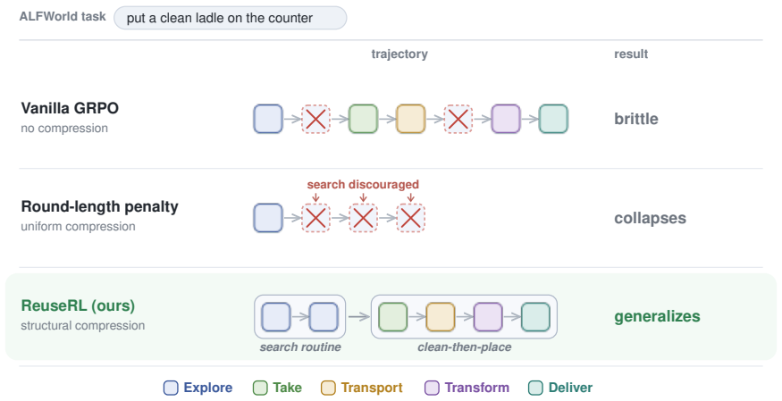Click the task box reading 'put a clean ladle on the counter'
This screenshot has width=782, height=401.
pos(230,18)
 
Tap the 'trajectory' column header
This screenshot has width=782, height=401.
pos(399,54)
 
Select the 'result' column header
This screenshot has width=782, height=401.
pos(631,54)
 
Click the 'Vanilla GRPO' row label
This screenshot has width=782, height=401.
pos(70,108)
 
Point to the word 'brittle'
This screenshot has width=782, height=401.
pos(636,119)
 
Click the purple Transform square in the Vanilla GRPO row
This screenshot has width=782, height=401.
pos(506,119)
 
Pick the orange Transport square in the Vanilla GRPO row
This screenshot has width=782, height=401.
pos(410,119)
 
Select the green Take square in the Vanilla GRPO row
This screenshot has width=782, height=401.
pos(363,119)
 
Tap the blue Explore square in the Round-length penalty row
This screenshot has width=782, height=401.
pos(268,218)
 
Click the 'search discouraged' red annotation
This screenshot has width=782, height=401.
pos(363,184)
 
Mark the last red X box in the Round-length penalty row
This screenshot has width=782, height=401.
pos(410,218)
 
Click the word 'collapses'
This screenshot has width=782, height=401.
pos(650,218)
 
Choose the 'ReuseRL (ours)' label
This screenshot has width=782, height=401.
pos(78,305)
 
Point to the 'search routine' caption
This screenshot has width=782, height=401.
pos(300,347)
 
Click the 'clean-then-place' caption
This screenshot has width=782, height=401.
pos(465,347)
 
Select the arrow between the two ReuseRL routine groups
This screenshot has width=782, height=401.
pos(358,316)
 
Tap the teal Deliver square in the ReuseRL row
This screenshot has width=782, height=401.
pos(535,317)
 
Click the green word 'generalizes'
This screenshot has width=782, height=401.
pos(657,316)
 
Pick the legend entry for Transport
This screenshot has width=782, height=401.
pos(362,388)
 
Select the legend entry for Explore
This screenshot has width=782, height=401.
pos(198,388)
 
